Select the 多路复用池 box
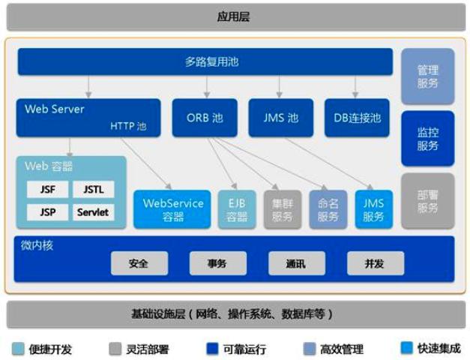click(205, 61)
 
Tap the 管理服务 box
click(427, 76)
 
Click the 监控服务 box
click(427, 138)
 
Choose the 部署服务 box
click(427, 200)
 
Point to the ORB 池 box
click(205, 118)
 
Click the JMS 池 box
click(280, 118)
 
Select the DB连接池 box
click(357, 118)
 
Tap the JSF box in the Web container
click(47, 189)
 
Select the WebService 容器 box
click(173, 209)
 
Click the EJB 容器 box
click(237, 209)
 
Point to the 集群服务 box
click(282, 209)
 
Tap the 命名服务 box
click(328, 209)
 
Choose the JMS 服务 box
click(374, 209)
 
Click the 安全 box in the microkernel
click(139, 263)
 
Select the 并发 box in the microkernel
click(375, 263)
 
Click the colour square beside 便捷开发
click(17, 348)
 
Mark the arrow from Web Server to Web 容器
click(69, 145)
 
